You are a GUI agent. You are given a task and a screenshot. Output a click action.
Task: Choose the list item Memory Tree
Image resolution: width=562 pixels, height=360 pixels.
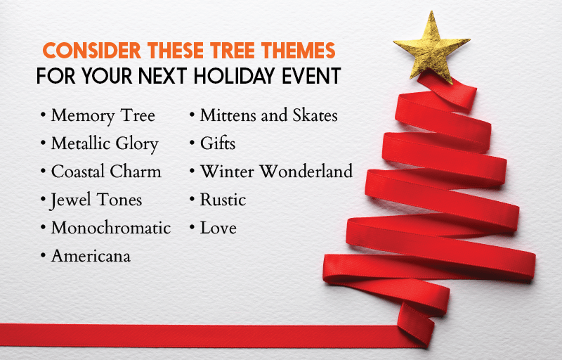click(x=103, y=116)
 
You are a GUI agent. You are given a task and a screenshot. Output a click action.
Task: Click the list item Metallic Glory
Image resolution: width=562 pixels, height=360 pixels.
click(x=105, y=144)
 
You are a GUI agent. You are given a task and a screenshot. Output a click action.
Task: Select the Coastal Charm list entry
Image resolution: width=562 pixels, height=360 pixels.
click(x=106, y=172)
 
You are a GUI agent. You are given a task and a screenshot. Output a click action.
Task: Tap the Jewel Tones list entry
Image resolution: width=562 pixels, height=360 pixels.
click(x=96, y=200)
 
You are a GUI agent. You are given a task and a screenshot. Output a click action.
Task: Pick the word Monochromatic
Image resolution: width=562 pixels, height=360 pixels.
click(x=111, y=228)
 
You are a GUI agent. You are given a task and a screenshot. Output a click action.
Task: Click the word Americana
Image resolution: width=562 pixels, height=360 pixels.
click(x=91, y=256)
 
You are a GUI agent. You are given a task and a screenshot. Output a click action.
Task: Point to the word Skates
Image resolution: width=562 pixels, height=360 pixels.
click(x=315, y=115)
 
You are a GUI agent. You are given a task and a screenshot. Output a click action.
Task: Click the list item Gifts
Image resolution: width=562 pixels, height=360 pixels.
click(x=218, y=143)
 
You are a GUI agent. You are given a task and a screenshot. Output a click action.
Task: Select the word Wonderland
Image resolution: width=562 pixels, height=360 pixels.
click(x=306, y=172)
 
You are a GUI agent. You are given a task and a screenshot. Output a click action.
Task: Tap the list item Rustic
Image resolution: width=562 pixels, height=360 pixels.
click(x=223, y=200)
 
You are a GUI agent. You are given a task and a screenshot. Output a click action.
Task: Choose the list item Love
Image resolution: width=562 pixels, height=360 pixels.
click(x=218, y=228)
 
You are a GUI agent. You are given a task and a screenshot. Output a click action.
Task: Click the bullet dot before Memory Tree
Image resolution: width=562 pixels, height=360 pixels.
click(x=43, y=115)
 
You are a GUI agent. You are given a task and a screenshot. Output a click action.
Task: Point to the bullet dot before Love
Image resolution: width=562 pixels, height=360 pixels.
click(x=192, y=227)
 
